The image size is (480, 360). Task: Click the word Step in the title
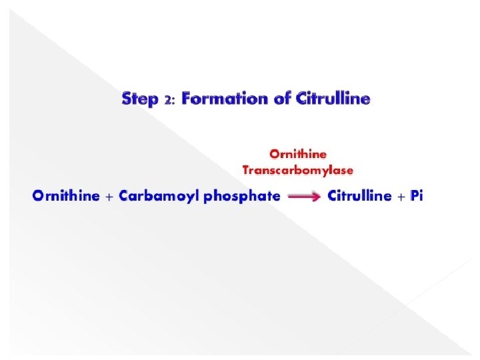coord(140,100)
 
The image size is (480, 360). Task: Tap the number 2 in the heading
coord(167,101)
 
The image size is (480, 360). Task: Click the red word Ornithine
coord(298,154)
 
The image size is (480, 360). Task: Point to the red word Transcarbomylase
coord(297,170)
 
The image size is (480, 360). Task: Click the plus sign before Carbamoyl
coord(110,197)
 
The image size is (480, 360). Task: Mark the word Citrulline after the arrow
coord(360,197)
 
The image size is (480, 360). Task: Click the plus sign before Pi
coord(402,197)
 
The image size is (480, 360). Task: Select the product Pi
coord(417,197)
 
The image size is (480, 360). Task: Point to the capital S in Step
coord(127,99)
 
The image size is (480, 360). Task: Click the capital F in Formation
coord(186,99)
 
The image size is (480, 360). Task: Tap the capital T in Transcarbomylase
coord(246,170)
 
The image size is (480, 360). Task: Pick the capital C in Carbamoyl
coord(124,197)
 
